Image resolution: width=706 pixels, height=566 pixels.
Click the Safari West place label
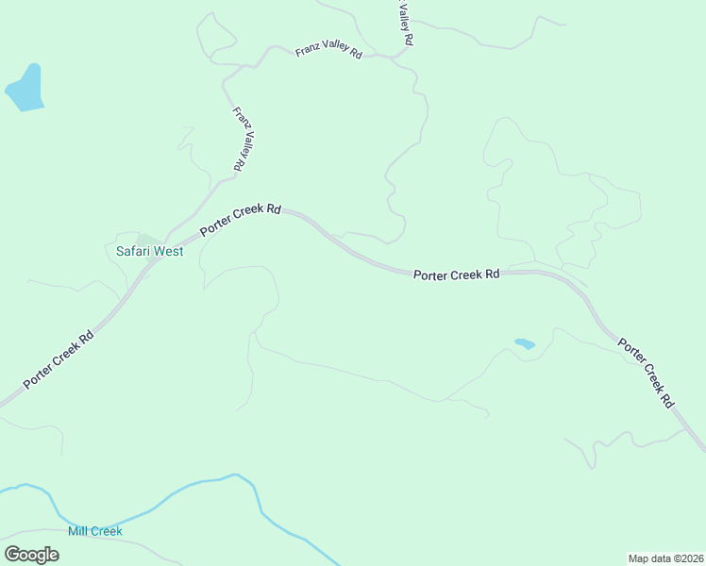(149, 252)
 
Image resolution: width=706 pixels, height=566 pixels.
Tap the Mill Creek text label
(95, 531)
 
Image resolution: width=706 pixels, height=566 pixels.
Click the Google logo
(31, 555)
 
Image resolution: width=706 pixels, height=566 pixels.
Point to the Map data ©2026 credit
(665, 558)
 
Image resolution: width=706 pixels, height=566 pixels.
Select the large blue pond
(25, 90)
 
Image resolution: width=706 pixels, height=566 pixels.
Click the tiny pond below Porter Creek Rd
(525, 344)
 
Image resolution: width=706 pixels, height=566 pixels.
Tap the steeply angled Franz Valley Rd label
(242, 139)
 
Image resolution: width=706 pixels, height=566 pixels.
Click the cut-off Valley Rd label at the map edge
(405, 24)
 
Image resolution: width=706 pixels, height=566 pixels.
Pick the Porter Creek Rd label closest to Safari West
(240, 221)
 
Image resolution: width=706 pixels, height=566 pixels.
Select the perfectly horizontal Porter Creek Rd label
(457, 275)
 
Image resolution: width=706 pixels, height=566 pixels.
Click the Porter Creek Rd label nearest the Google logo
(59, 358)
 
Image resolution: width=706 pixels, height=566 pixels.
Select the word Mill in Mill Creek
(77, 531)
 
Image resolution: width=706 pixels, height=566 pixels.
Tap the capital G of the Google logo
(12, 555)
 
